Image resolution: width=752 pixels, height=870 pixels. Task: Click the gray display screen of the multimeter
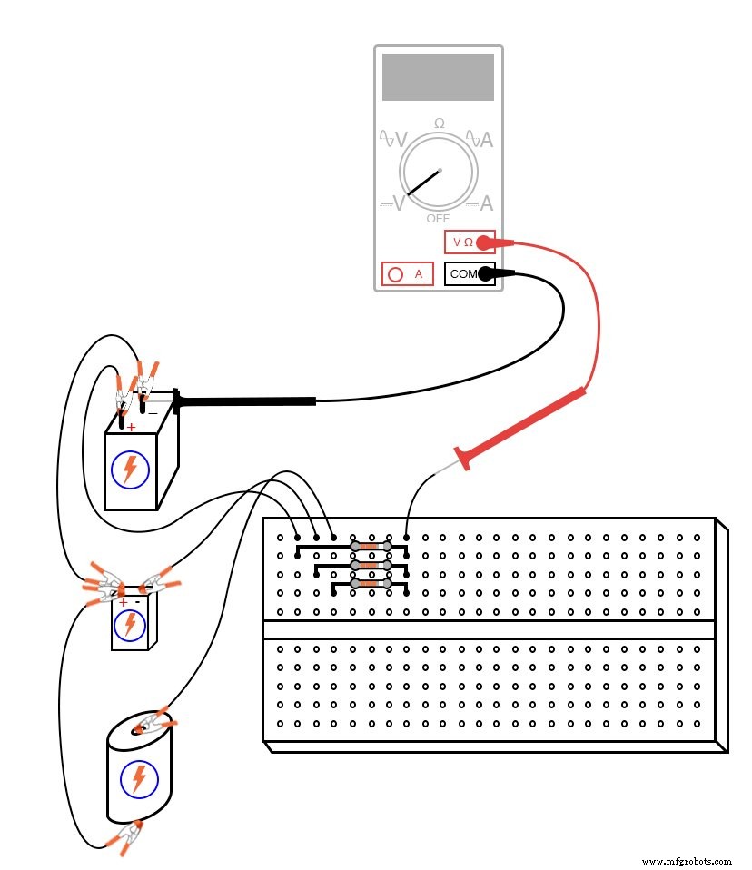[x=438, y=77]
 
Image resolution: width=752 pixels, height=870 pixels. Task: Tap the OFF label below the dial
[x=438, y=219]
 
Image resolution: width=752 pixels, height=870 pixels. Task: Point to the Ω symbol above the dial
[x=440, y=123]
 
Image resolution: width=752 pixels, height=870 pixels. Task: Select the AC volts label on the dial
[x=393, y=139]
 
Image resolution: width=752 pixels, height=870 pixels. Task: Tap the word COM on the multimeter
[x=463, y=273]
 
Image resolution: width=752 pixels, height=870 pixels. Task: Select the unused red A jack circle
[x=395, y=273]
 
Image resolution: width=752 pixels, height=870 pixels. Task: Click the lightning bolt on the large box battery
[x=130, y=469]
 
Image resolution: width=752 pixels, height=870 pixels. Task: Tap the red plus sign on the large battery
[x=131, y=427]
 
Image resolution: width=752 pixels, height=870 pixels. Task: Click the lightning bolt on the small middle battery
[x=130, y=624]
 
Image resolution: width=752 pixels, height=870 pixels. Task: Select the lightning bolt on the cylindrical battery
[x=139, y=778]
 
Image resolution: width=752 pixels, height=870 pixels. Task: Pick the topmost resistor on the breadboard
[x=370, y=547]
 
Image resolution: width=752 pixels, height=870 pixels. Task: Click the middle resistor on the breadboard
[x=370, y=565]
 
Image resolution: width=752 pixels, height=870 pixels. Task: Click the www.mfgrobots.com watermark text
[x=687, y=861]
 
